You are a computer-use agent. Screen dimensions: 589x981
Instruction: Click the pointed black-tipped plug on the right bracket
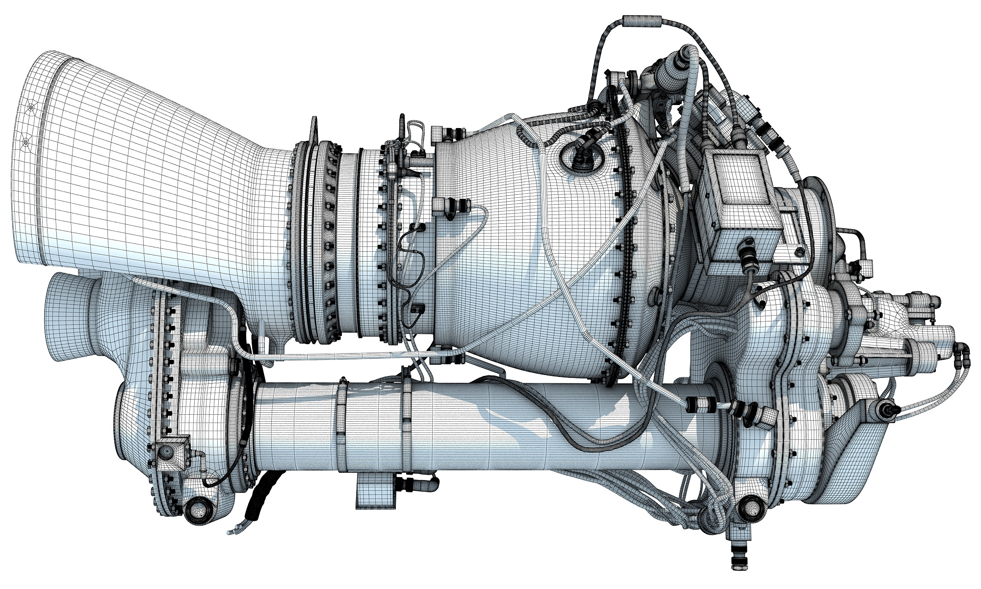coord(887,408)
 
